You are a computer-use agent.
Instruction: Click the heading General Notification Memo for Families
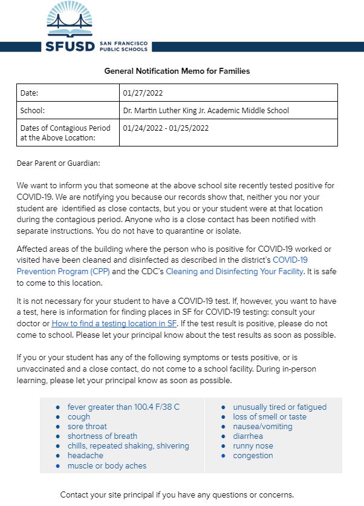pos(177,71)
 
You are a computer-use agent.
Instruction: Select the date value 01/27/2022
pos(143,93)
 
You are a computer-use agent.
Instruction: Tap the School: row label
pos(33,111)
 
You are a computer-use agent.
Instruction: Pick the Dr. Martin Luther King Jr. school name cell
pos(206,111)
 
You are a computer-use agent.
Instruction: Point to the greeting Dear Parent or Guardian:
pos(59,163)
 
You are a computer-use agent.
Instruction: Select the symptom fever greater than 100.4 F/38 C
pos(123,407)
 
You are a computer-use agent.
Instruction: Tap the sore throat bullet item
pos(87,427)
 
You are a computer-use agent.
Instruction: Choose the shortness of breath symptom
pos(102,436)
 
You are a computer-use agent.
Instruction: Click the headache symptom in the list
pos(85,456)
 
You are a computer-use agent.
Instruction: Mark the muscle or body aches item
pos(106,465)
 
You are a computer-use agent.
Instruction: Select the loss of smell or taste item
pos(270,417)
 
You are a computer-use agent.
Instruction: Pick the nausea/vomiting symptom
pos(262,427)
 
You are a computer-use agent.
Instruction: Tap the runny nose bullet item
pos(253,446)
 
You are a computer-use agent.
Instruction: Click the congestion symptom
pos(253,456)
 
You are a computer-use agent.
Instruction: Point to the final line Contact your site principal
pos(177,494)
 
